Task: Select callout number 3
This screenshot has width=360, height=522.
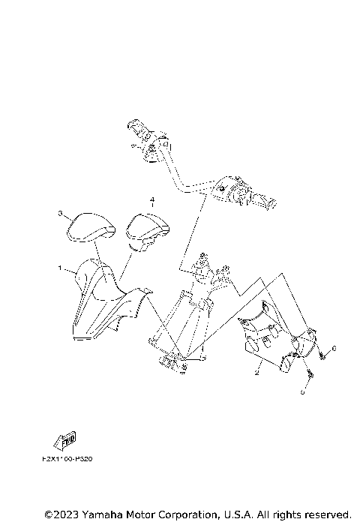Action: click(61, 214)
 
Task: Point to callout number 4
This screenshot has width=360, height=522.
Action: click(152, 200)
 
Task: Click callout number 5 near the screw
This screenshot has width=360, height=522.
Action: click(303, 391)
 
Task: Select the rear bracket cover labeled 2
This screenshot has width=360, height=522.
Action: click(270, 337)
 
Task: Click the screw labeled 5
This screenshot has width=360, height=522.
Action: click(309, 373)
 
